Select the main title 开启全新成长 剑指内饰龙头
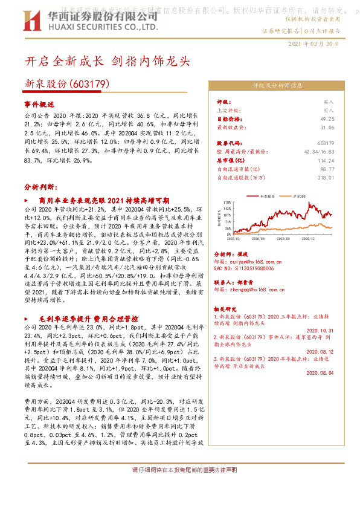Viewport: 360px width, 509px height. tap(108, 62)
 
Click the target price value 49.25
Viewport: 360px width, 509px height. tap(327, 119)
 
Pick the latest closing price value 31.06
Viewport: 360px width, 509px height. tap(327, 128)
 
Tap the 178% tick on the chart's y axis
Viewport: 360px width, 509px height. tap(227, 202)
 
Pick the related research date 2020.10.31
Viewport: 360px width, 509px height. tap(320, 330)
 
